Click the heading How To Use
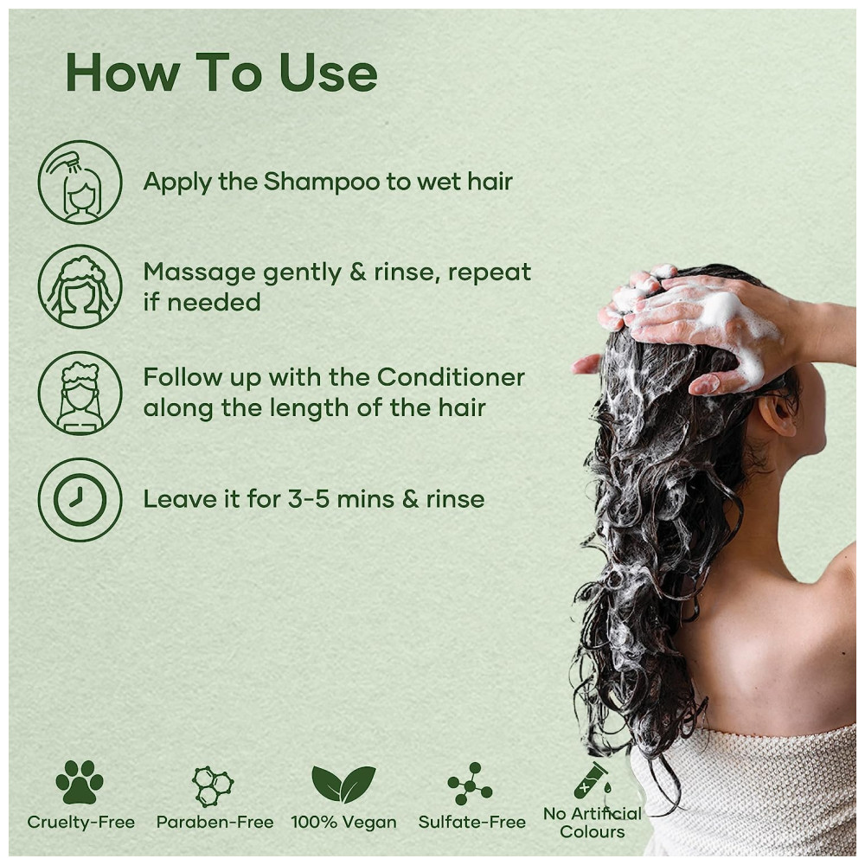tap(221, 73)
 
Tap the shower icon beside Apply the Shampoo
tap(80, 182)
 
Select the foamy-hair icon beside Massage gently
tap(80, 287)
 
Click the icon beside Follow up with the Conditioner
tap(80, 394)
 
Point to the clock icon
tap(80, 499)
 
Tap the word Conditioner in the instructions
tap(451, 377)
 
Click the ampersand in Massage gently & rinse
tap(358, 272)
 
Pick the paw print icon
tap(80, 781)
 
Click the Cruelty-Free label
tap(81, 822)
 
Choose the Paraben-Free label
tap(215, 822)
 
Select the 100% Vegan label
tap(343, 822)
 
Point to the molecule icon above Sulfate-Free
tap(470, 784)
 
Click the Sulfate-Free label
tap(472, 822)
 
